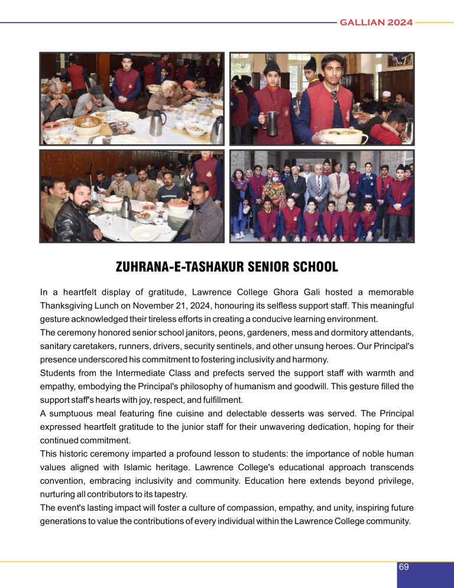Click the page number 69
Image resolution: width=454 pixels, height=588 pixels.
404,567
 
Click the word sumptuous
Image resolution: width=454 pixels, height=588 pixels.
74,413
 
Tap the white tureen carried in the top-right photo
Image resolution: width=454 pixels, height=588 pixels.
343,137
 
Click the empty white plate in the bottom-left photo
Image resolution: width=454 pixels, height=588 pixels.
144,232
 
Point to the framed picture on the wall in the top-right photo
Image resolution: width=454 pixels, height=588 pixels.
400,59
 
